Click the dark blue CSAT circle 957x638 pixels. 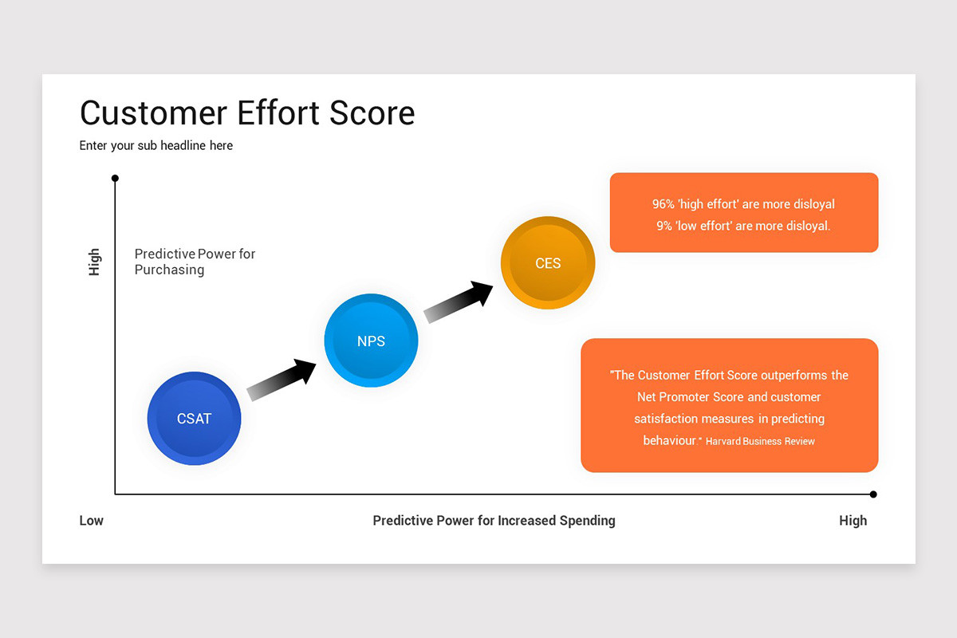(194, 419)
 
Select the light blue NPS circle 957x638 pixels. (371, 341)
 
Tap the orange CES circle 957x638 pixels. (548, 263)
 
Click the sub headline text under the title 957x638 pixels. (156, 145)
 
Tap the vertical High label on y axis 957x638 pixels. (94, 262)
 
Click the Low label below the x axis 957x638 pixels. (91, 521)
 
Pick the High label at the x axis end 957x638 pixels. (853, 521)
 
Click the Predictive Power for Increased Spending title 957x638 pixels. (494, 521)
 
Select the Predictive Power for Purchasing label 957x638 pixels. (195, 262)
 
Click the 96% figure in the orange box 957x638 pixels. (664, 204)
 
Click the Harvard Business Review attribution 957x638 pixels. (760, 441)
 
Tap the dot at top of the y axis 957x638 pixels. (115, 178)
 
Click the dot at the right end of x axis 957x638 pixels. (873, 494)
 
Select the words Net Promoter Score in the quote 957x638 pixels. (691, 397)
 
